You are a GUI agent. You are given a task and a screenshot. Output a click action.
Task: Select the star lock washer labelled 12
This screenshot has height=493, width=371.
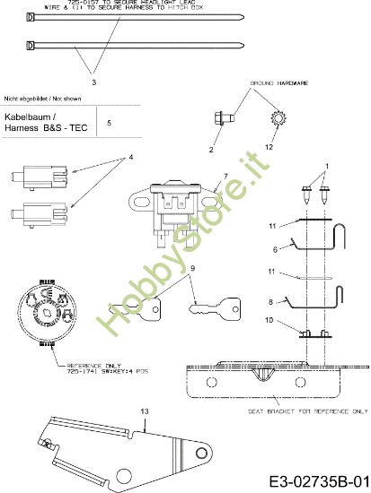click(275, 117)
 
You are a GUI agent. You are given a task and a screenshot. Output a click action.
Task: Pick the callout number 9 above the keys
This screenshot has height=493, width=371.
click(191, 268)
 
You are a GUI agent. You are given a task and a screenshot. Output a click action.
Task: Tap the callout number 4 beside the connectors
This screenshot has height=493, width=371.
click(130, 158)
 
